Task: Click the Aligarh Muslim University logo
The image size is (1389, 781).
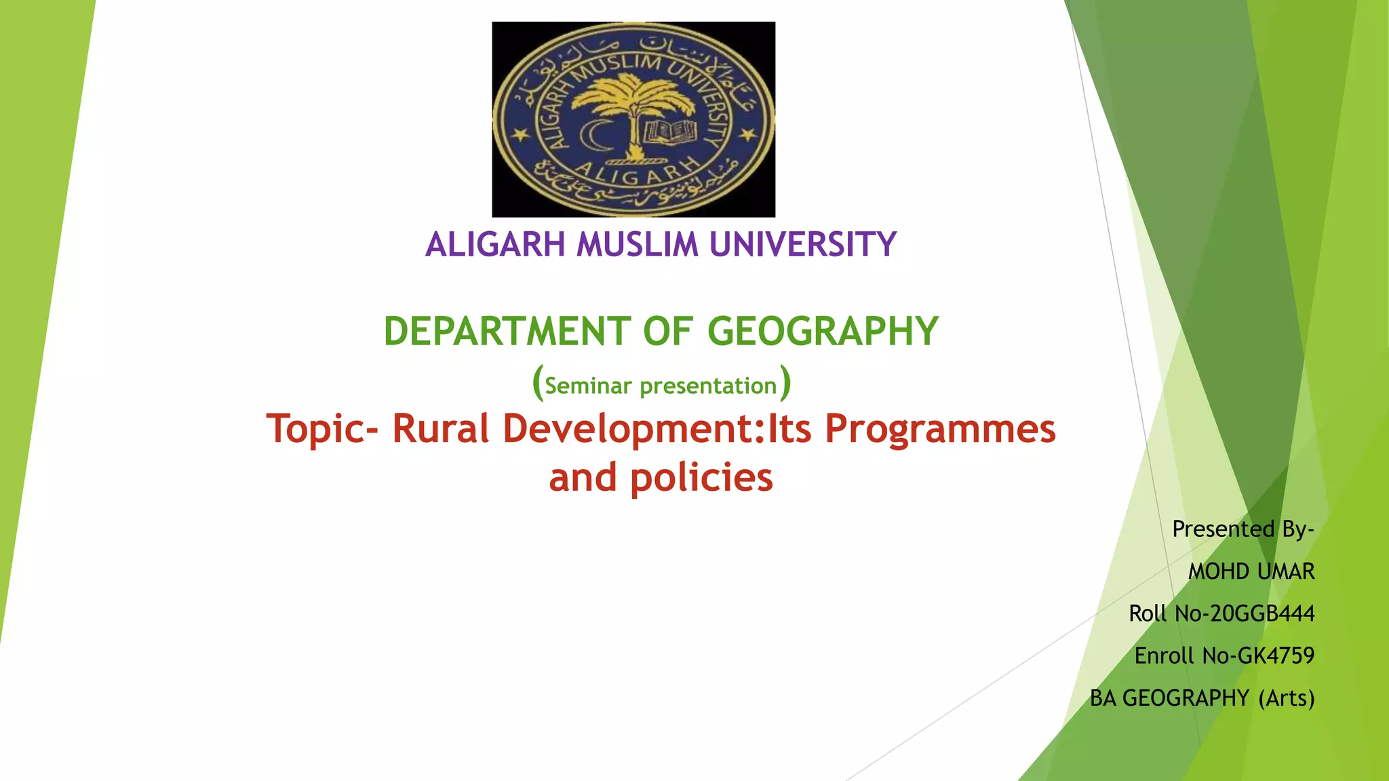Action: point(633,119)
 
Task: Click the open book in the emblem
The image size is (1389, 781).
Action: point(671,132)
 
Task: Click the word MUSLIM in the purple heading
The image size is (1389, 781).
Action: point(638,245)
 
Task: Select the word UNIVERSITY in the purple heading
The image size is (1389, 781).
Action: point(803,245)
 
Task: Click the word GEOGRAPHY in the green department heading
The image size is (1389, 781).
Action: point(823,332)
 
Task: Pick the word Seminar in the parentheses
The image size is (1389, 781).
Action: point(588,386)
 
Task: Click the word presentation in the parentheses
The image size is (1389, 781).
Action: point(708,386)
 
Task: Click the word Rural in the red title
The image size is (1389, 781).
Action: point(441,429)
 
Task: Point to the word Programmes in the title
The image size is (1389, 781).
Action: point(940,429)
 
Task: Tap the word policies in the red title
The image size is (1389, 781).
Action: point(701,478)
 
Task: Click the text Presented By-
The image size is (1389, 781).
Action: point(1243,529)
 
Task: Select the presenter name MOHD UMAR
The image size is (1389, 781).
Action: point(1251,572)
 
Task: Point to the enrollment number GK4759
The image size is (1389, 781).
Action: point(1276,656)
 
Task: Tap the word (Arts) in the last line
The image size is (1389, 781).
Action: point(1287,698)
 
